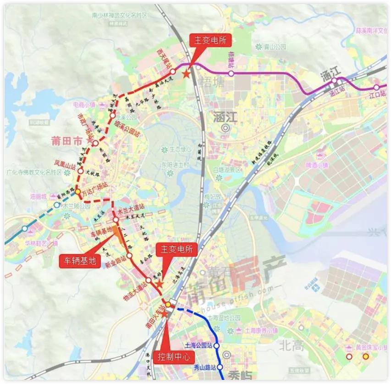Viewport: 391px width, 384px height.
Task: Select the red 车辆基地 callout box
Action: click(79, 261)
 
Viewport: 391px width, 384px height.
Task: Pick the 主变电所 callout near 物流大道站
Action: click(176, 250)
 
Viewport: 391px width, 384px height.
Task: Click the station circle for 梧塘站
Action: click(231, 73)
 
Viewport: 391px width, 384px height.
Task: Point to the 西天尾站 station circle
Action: click(173, 72)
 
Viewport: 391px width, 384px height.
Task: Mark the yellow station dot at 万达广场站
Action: click(78, 192)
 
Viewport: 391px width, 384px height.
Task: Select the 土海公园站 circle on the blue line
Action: click(217, 346)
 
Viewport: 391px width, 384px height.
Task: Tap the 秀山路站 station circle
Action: click(220, 367)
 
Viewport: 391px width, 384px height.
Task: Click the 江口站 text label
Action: click(377, 95)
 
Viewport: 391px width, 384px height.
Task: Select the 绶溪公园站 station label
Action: click(126, 123)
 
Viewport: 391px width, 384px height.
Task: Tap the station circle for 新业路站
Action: click(130, 256)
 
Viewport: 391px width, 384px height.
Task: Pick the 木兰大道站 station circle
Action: click(116, 220)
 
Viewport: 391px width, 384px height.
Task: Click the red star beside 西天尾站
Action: click(186, 74)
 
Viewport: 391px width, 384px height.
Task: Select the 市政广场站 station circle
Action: click(95, 144)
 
